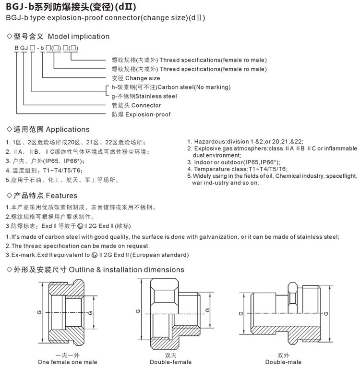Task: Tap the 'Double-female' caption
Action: tap(170, 362)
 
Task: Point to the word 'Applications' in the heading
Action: tap(67, 129)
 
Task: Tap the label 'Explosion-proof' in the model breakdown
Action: tap(148, 114)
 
